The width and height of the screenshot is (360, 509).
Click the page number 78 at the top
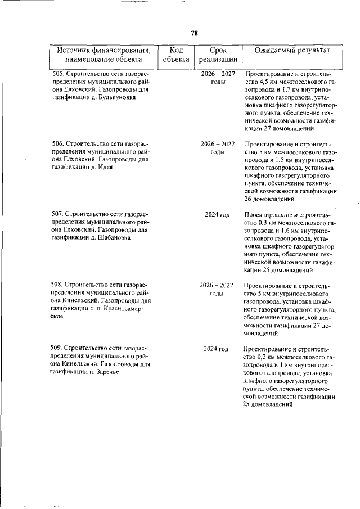[x=194, y=33]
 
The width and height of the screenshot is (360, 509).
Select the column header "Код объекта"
[x=175, y=54]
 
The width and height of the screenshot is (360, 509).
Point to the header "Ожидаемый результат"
[x=291, y=50]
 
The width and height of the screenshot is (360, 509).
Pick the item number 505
[x=57, y=74]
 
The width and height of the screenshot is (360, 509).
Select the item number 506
[x=57, y=144]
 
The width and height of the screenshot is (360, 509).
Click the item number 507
[x=57, y=214]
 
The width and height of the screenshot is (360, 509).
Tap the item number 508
[x=57, y=285]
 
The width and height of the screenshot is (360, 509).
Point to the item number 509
[x=57, y=349]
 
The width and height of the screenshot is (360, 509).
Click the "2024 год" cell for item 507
[x=217, y=214]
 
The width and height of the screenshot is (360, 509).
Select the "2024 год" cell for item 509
[x=217, y=349]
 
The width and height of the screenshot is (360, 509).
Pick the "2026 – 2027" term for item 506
[x=217, y=144]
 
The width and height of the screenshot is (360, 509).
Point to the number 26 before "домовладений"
[x=249, y=199]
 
